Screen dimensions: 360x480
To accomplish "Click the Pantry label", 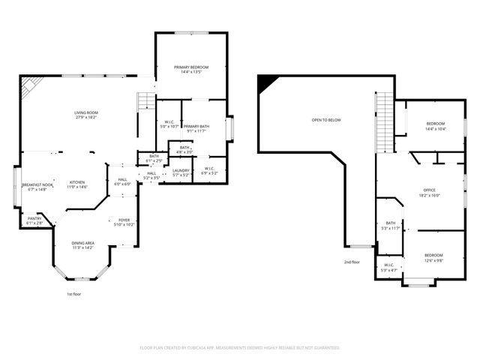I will (x=34, y=220).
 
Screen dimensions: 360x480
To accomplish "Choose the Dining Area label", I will (x=82, y=245).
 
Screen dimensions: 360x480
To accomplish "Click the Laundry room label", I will (x=181, y=172).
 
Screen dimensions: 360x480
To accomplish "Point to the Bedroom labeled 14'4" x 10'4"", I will (x=436, y=126).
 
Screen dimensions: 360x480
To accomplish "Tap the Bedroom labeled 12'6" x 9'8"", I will (x=433, y=257).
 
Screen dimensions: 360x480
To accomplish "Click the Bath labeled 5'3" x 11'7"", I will (x=391, y=225).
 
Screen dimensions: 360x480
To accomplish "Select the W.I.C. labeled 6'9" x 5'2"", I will (x=209, y=171).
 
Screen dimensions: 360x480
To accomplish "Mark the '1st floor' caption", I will (x=73, y=294).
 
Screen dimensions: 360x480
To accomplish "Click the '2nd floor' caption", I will (x=352, y=262).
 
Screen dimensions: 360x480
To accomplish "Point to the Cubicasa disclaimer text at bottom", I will (x=240, y=348).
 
